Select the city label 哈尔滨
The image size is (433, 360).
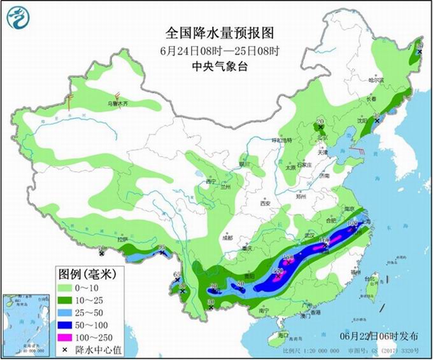point(377,80)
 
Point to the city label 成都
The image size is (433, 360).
point(227,238)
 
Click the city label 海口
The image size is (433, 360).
point(284,335)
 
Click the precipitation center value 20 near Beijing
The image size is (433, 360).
point(320,120)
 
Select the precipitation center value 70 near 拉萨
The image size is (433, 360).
point(100,249)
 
